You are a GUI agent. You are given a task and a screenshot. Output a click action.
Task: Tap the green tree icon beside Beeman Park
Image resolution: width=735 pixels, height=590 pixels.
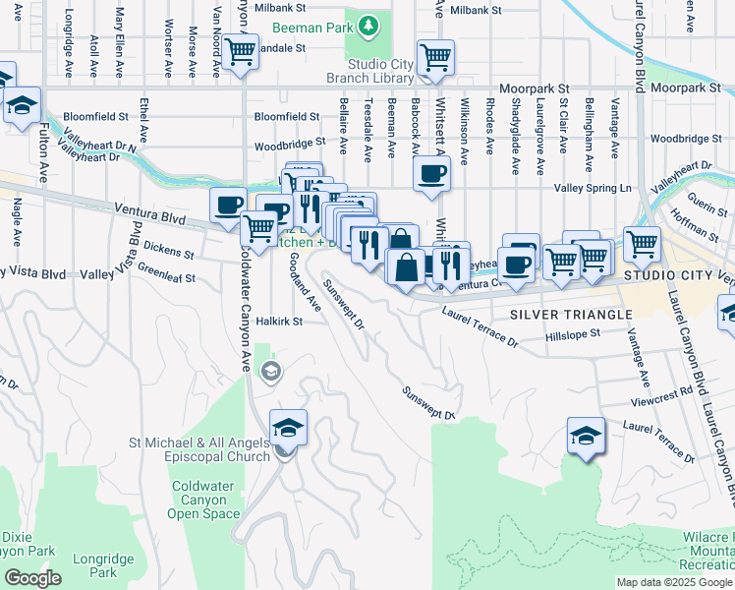pyautogui.click(x=367, y=24)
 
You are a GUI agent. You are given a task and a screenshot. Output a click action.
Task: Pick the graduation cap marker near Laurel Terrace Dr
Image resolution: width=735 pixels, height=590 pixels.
pyautogui.click(x=585, y=436)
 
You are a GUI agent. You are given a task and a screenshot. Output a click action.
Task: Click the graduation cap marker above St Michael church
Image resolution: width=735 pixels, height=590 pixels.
pyautogui.click(x=289, y=427)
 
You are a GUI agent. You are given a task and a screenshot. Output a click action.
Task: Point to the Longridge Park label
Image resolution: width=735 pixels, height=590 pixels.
pyautogui.click(x=109, y=565)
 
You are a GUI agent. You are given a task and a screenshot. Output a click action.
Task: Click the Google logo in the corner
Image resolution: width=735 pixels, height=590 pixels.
pyautogui.click(x=32, y=577)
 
